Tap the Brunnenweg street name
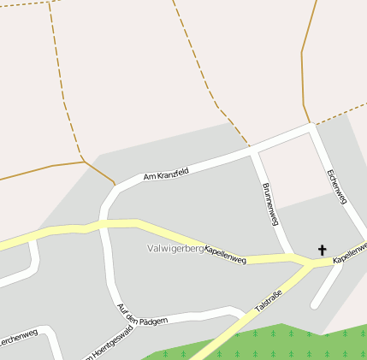point(270,204)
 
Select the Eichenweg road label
point(337,186)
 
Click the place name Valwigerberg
point(175,249)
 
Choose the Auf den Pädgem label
point(142,319)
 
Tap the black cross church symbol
point(323,250)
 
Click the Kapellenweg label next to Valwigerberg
point(225,254)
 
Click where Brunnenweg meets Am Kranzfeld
point(254,151)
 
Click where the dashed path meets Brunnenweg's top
point(250,146)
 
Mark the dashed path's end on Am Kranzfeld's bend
point(114,185)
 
